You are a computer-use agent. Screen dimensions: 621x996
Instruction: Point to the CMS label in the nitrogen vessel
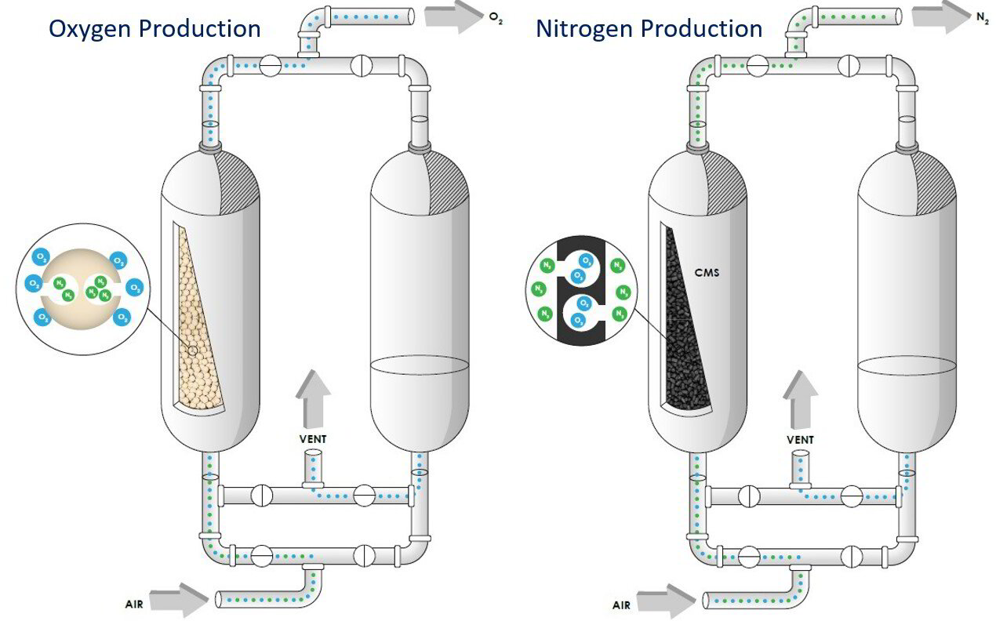708,274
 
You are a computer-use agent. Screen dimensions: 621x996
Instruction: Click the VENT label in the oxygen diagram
312,439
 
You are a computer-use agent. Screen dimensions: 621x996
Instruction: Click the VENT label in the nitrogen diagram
800,439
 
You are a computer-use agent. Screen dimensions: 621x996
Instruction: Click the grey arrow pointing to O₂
453,16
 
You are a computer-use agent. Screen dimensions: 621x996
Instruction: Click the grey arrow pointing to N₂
941,16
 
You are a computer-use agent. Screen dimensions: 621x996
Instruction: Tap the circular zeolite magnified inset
82,289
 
